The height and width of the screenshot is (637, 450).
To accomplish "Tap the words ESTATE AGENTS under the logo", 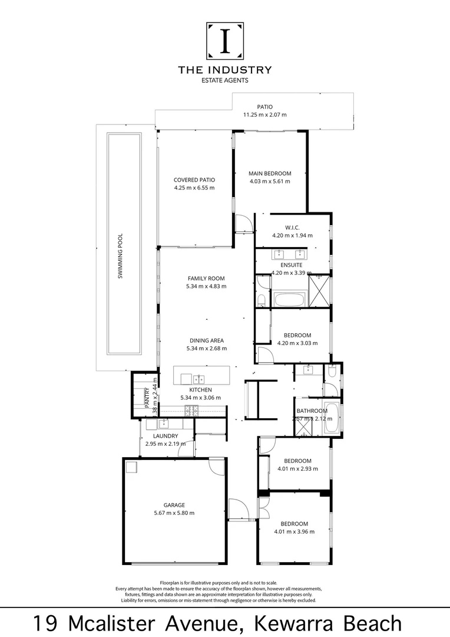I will tap(224, 80).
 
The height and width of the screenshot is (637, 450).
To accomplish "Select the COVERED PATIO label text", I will tap(194, 180).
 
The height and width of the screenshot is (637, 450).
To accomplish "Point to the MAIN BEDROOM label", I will tap(270, 173).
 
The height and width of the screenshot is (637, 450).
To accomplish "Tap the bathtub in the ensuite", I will tap(289, 298).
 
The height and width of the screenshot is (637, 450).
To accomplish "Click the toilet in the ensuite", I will tap(262, 300).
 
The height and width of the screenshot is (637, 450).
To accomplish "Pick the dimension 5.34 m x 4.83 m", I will tap(206, 286).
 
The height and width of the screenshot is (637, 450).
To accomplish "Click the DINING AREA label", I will tap(206, 340).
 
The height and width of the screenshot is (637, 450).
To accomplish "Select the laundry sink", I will tap(163, 423).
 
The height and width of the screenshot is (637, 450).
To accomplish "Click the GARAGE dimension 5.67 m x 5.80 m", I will tap(174, 513).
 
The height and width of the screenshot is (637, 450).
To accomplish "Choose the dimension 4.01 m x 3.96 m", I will tap(294, 531).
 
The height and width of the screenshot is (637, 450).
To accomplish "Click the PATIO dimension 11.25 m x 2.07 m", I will tap(264, 115).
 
